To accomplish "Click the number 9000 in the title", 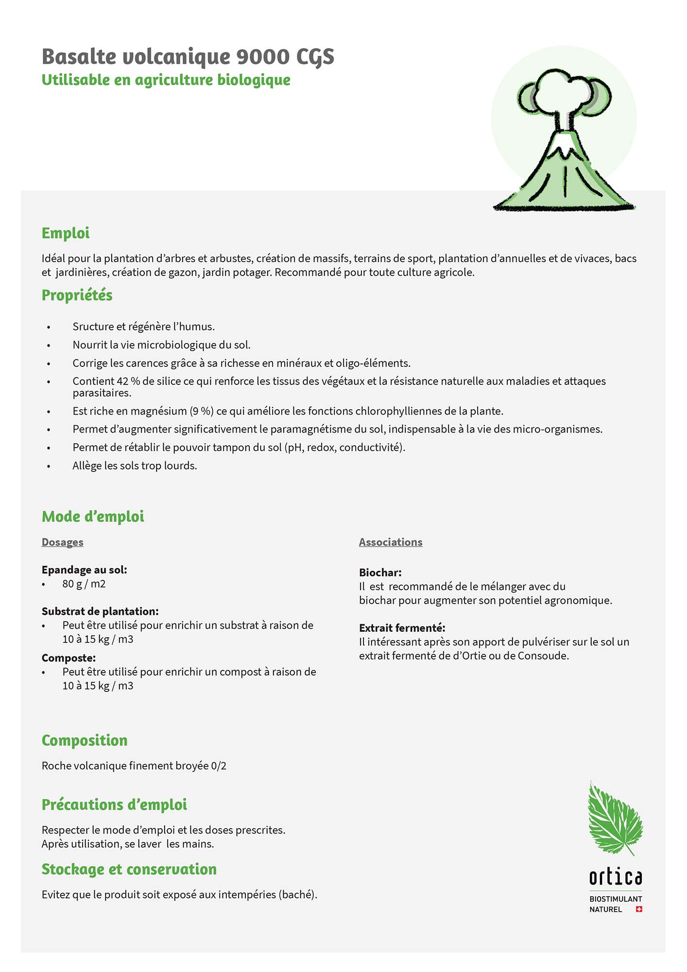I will [x=262, y=57].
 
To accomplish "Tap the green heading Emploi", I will [x=66, y=233].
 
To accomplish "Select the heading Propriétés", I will [x=77, y=295].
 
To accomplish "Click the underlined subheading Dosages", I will [x=62, y=542].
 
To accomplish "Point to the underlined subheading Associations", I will [x=391, y=542].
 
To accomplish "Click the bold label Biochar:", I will [x=380, y=573].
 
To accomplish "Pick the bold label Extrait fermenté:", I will [x=402, y=628].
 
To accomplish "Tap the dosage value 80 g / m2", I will [x=84, y=584].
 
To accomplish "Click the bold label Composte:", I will [x=69, y=658].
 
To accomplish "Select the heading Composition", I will [x=85, y=740].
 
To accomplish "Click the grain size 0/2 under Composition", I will [x=219, y=766].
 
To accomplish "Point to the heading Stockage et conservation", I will [x=129, y=869].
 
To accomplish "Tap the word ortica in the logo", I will [x=615, y=877].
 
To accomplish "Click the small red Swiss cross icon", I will [x=639, y=909].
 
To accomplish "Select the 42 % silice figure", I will [x=128, y=382].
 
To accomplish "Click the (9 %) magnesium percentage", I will [x=201, y=411].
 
